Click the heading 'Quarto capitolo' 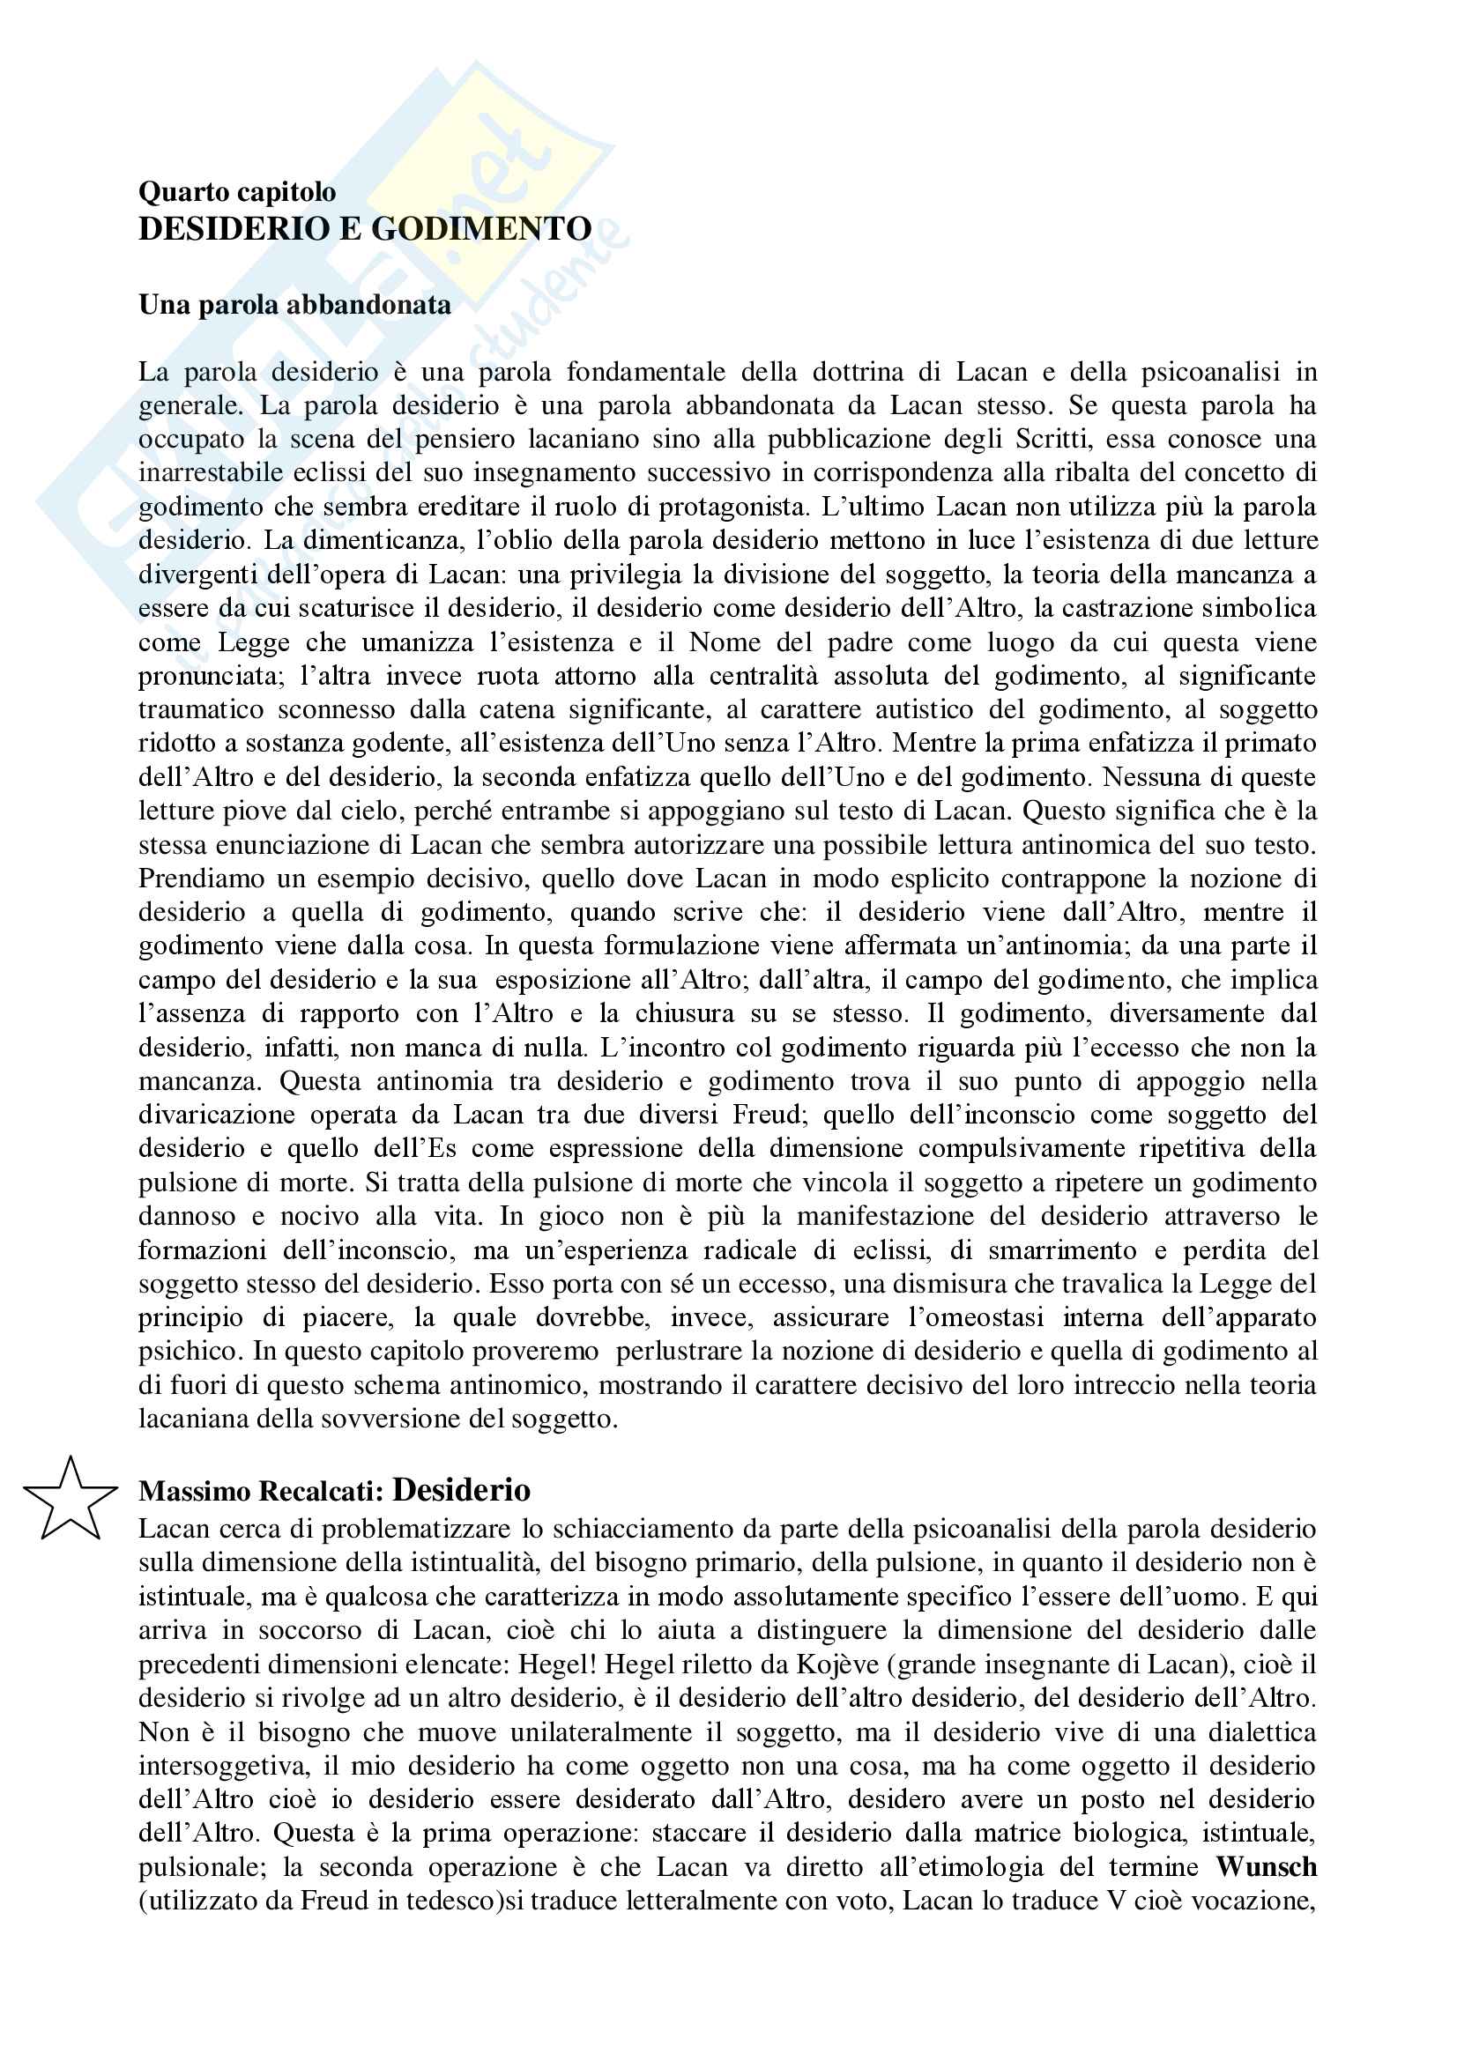(237, 191)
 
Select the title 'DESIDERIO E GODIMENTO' (365, 229)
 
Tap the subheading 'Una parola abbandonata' (294, 305)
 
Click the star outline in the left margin (69, 1500)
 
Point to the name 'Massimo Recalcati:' (261, 1492)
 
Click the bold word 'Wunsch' (1266, 1867)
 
